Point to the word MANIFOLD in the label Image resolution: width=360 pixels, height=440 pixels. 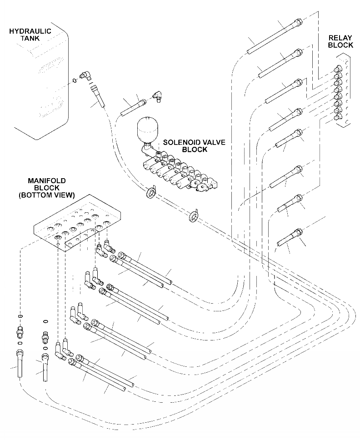pyautogui.click(x=46, y=180)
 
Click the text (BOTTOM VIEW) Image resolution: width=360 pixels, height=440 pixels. pyautogui.click(x=46, y=195)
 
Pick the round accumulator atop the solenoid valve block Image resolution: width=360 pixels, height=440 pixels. pyautogui.click(x=147, y=129)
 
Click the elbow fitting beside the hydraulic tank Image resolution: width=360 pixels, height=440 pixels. pyautogui.click(x=85, y=76)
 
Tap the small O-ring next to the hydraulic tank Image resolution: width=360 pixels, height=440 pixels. pyautogui.click(x=74, y=80)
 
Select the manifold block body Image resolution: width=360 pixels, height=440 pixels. pyautogui.click(x=77, y=218)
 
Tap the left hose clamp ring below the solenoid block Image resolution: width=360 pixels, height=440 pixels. pyautogui.click(x=150, y=193)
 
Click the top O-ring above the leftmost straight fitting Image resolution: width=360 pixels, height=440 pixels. pyautogui.click(x=20, y=316)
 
